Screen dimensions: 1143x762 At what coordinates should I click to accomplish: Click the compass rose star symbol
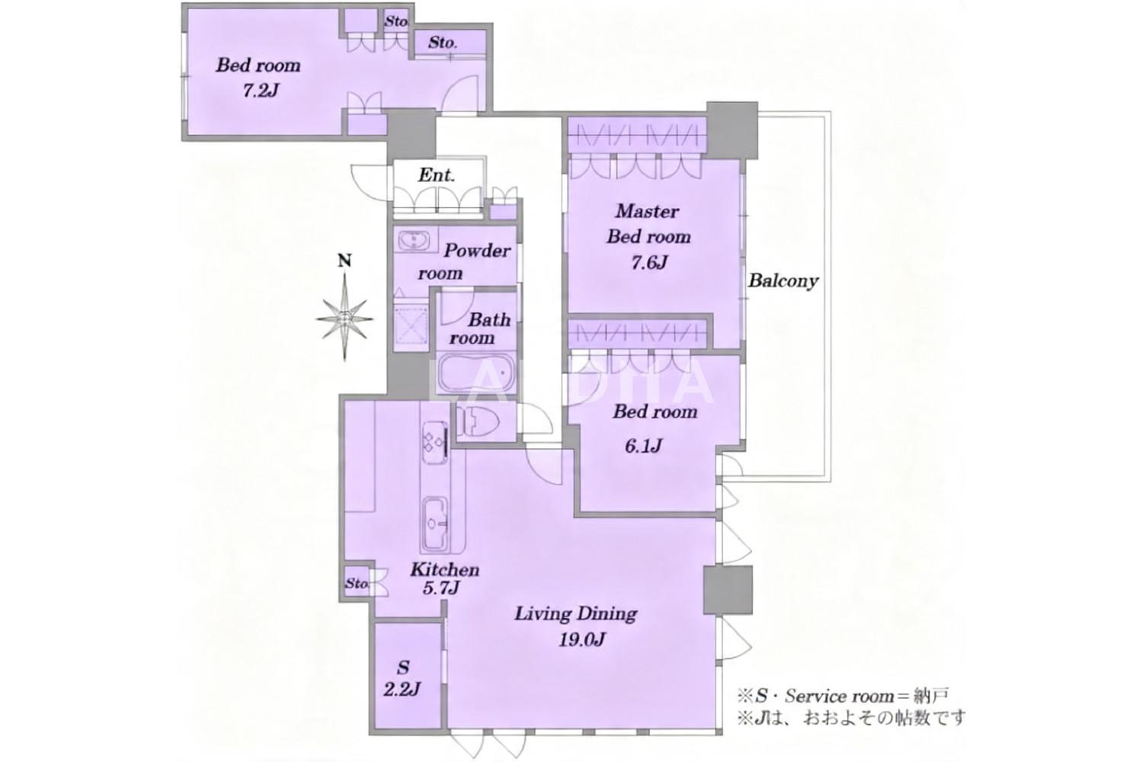point(344,319)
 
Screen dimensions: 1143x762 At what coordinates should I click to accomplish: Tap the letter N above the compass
point(345,261)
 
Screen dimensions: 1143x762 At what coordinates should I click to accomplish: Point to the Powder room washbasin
point(415,239)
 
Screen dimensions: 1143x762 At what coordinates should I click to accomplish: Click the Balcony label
point(783,280)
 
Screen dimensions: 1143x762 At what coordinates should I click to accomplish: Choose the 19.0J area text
point(581,639)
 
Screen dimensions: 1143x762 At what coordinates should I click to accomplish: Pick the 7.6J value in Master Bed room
point(649,263)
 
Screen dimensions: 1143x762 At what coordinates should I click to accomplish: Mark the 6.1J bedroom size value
point(643,447)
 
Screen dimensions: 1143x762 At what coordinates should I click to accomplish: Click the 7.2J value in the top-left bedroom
point(261,91)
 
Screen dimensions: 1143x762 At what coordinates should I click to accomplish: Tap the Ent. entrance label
point(437,175)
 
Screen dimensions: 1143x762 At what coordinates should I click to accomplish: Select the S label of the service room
point(403,667)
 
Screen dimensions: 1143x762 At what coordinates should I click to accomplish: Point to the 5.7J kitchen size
point(441,588)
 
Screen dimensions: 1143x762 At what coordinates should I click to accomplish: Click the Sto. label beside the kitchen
point(357,583)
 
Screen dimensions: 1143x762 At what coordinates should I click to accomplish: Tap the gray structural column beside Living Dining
point(728,590)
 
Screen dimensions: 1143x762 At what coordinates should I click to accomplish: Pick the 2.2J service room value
point(402,690)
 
